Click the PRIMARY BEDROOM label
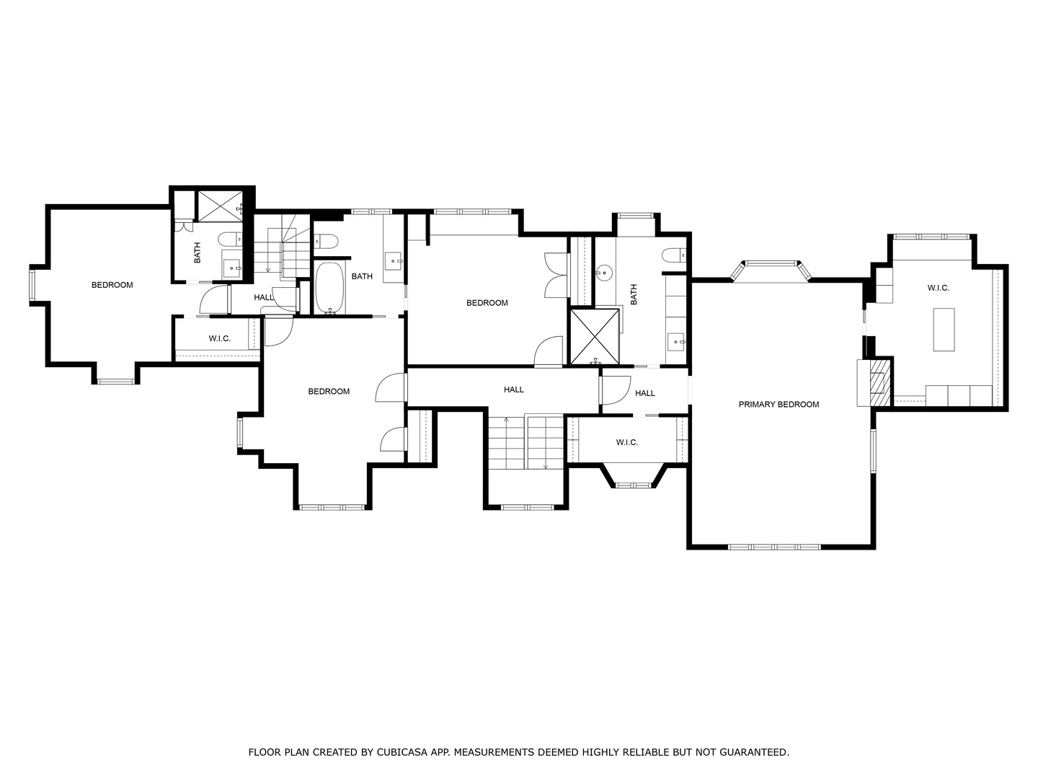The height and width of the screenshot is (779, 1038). (778, 405)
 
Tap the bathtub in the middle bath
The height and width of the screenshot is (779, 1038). (330, 288)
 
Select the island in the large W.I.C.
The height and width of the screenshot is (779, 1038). (944, 330)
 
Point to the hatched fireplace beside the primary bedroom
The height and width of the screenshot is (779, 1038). (880, 382)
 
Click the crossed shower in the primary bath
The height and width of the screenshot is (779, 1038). (595, 337)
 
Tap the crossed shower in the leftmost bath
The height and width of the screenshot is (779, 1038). (220, 206)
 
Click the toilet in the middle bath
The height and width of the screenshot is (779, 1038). (326, 242)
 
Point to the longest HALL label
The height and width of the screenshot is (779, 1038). (513, 389)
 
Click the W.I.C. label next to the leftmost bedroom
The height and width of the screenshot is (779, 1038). (219, 339)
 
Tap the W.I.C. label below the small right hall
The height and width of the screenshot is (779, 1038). (627, 442)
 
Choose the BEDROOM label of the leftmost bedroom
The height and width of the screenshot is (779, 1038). (112, 285)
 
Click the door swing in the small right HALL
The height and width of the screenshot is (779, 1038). (616, 390)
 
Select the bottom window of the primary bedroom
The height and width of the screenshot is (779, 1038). (775, 547)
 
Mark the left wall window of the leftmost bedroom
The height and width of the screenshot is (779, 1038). (32, 285)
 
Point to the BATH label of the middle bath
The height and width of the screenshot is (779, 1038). (362, 276)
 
